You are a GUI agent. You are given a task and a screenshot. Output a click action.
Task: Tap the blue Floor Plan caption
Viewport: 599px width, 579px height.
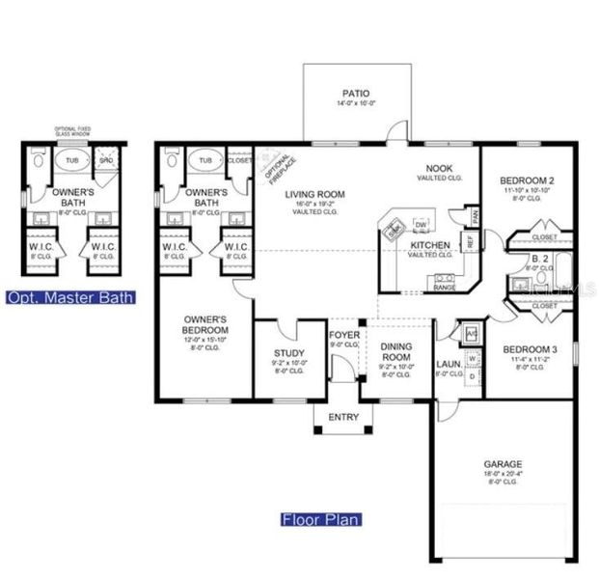coord(321,520)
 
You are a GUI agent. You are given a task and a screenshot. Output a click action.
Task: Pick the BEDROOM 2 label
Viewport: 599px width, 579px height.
coord(527,180)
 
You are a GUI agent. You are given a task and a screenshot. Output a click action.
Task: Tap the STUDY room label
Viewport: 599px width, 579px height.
coord(288,352)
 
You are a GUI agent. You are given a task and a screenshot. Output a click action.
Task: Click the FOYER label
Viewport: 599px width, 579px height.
coord(343,335)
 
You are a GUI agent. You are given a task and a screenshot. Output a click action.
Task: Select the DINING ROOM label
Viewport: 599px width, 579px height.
coord(396,351)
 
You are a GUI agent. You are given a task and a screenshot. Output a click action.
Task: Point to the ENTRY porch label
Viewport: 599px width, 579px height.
coord(343,417)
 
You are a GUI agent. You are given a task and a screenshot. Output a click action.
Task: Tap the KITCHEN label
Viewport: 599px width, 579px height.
coord(429,245)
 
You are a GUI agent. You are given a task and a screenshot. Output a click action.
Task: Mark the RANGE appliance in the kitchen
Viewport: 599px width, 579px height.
coord(444,287)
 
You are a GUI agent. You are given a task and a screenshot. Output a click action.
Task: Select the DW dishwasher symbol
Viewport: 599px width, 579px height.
coord(421,225)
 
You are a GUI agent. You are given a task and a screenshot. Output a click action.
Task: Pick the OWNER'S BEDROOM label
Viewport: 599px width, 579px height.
coord(205,325)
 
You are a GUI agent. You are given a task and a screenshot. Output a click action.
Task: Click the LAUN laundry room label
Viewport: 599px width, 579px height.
coord(447,365)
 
